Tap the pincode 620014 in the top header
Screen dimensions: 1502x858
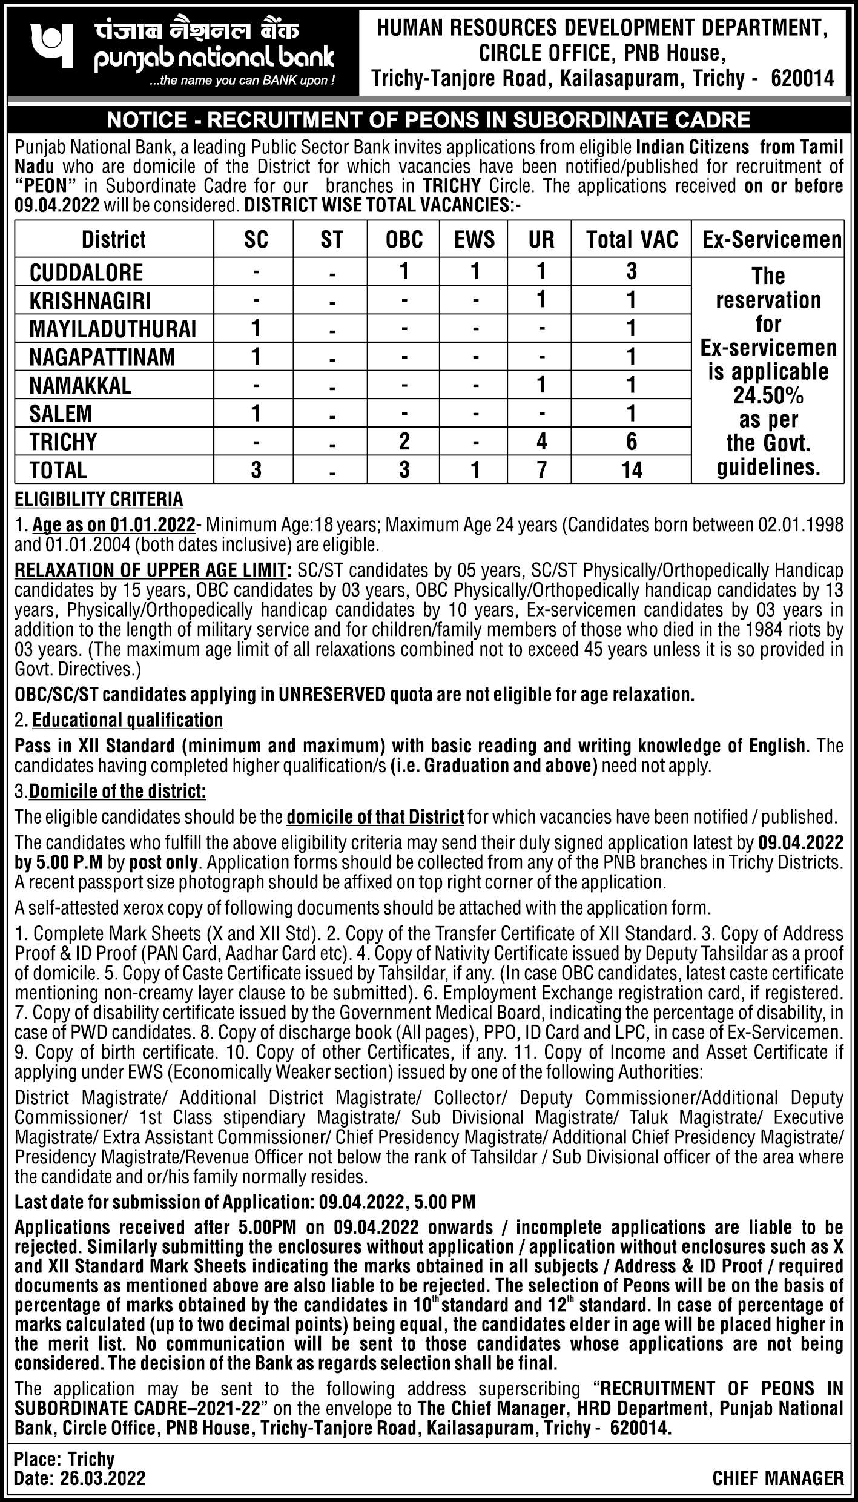(803, 78)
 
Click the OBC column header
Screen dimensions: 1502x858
(404, 240)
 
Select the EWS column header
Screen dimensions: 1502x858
(475, 240)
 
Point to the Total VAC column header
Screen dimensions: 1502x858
(632, 240)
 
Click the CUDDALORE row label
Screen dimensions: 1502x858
(87, 273)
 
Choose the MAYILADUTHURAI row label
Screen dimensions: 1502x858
(113, 329)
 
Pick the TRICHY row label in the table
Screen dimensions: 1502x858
(63, 442)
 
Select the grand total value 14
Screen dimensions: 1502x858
(632, 470)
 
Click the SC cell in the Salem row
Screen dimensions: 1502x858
(256, 414)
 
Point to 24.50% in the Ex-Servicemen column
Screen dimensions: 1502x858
(768, 397)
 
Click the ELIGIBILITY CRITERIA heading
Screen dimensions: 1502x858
(99, 500)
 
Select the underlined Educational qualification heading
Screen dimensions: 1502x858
(127, 720)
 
